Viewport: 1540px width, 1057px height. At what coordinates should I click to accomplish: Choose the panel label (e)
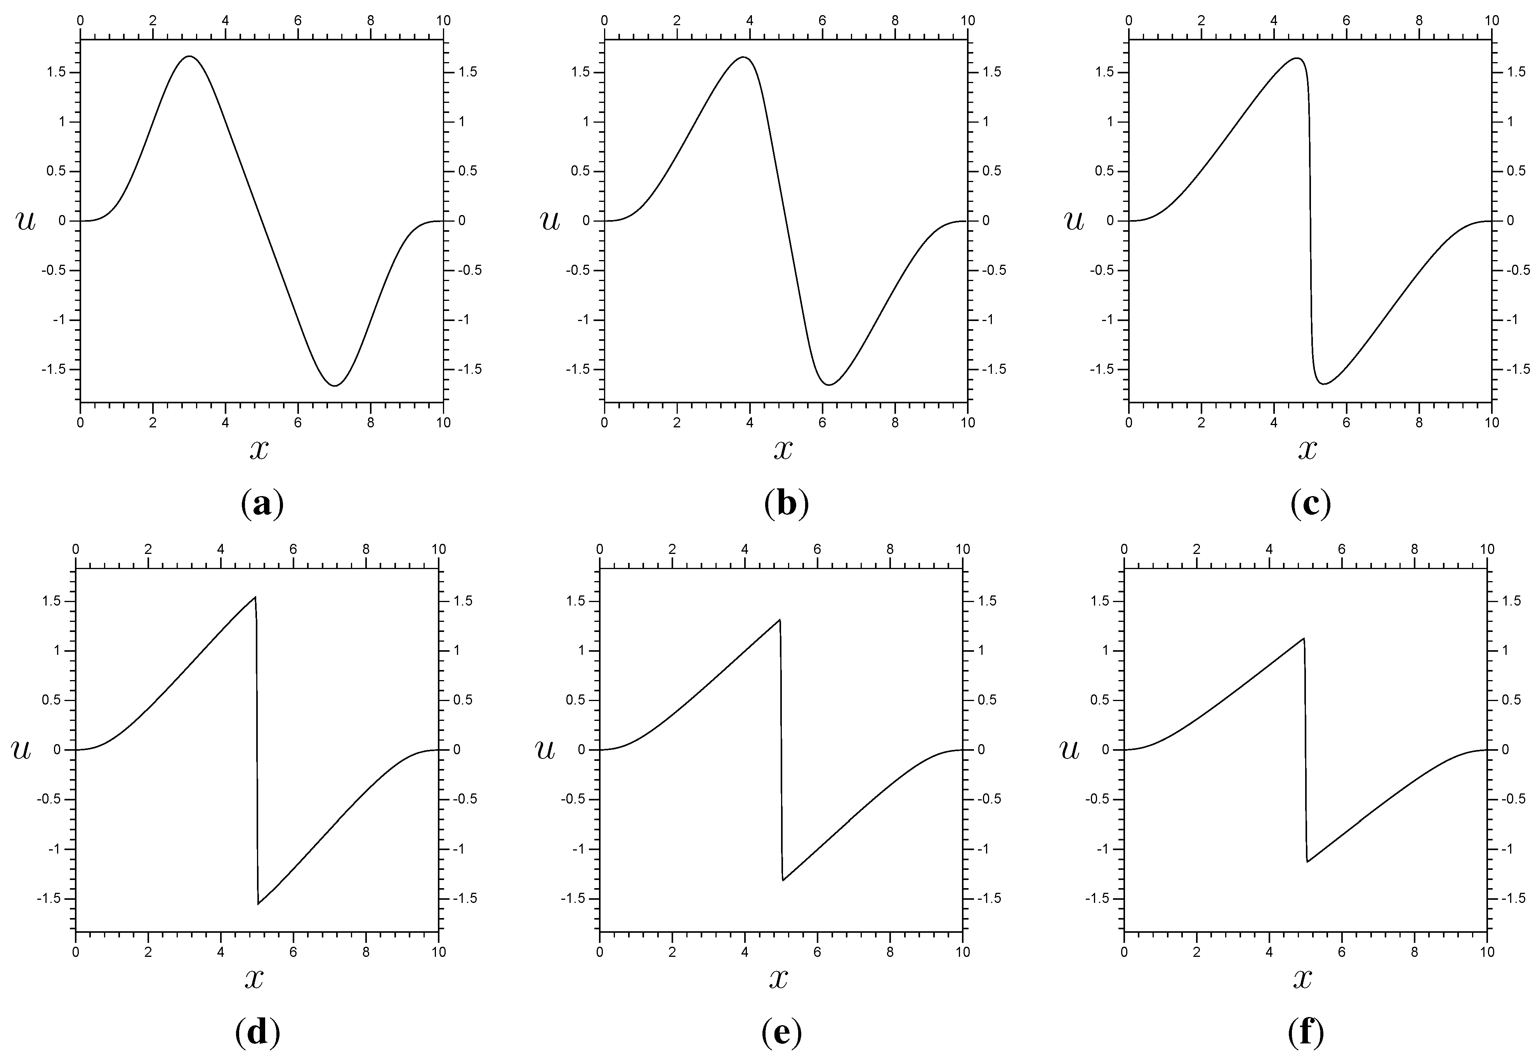(781, 1033)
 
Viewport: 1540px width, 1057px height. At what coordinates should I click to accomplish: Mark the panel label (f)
(1306, 1033)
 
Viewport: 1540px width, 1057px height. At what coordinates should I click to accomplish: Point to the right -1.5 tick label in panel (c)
(1518, 369)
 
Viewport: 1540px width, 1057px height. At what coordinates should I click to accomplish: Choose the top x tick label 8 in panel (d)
(366, 549)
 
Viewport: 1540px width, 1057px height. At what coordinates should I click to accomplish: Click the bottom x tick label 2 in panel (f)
(1196, 952)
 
